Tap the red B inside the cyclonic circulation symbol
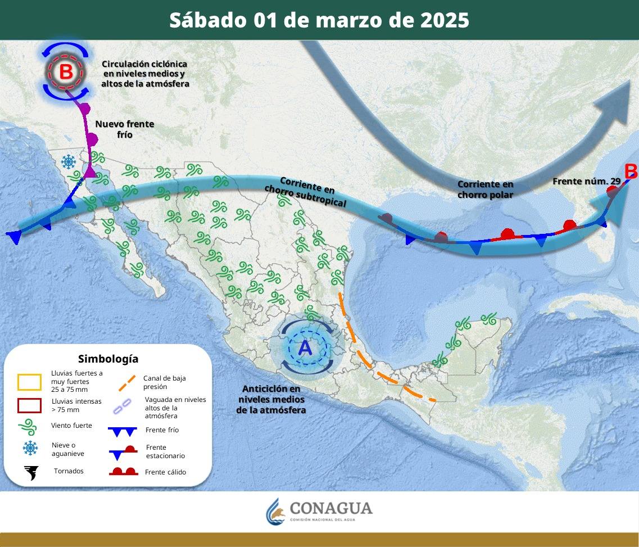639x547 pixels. (66, 72)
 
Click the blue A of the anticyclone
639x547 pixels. (305, 348)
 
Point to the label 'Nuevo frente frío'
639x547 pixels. (124, 129)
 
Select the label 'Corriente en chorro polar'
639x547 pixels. (486, 189)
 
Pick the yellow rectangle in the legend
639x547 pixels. (29, 382)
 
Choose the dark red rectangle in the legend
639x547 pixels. (29, 405)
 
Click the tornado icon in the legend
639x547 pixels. (31, 473)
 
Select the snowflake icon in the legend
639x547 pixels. (30, 448)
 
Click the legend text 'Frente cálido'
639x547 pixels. (165, 472)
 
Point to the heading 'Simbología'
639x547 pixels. (108, 359)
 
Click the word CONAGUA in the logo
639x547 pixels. (331, 508)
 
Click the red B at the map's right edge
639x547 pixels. (631, 170)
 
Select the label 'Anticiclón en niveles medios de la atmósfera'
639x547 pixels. (271, 399)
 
